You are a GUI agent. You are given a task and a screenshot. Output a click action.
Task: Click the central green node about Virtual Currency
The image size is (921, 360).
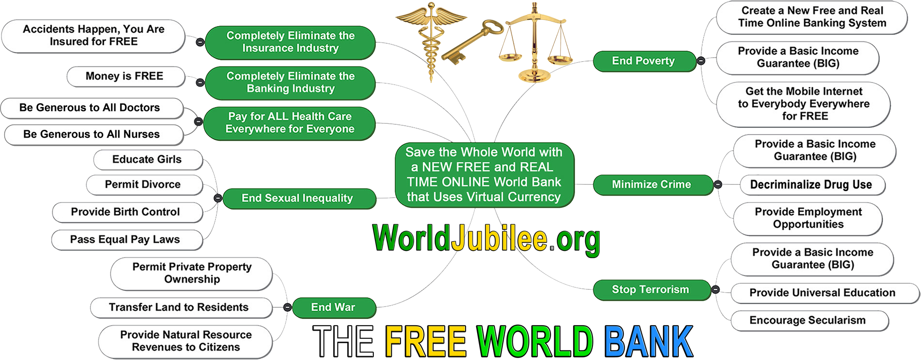pyautogui.click(x=484, y=175)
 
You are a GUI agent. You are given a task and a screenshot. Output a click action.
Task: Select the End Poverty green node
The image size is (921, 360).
pyautogui.click(x=643, y=61)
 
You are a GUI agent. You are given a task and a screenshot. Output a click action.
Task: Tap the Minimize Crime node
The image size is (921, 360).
pyautogui.click(x=651, y=184)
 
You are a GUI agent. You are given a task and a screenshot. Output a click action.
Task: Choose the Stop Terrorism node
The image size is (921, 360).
pyautogui.click(x=650, y=290)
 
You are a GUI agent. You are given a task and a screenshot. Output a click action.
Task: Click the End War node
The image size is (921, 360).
pyautogui.click(x=333, y=307)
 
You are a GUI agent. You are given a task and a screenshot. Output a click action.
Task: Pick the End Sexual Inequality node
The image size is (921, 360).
pyautogui.click(x=297, y=198)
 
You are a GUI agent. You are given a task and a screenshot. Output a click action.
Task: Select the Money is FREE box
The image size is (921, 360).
pyautogui.click(x=124, y=76)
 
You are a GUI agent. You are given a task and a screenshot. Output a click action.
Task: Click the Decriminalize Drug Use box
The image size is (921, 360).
pyautogui.click(x=811, y=185)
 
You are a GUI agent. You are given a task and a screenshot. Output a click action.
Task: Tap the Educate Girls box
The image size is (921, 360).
pyautogui.click(x=147, y=160)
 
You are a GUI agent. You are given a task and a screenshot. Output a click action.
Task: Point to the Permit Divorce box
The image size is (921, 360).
pyautogui.click(x=143, y=185)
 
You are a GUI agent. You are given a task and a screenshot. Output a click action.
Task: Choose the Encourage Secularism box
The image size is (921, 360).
pyautogui.click(x=808, y=320)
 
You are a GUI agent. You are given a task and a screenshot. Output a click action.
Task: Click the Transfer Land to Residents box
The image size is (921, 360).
pyautogui.click(x=179, y=307)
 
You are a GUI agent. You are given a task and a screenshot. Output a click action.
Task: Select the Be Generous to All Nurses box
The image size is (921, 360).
pyautogui.click(x=92, y=135)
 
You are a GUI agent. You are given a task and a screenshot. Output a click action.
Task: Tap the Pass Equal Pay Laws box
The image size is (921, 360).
pyautogui.click(x=125, y=240)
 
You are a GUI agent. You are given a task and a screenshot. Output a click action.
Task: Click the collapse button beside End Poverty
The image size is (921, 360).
pyautogui.click(x=701, y=61)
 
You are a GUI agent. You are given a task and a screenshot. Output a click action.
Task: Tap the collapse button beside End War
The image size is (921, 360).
pyautogui.click(x=287, y=307)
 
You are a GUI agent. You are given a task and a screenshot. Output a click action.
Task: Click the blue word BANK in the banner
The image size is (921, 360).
pyautogui.click(x=649, y=342)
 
